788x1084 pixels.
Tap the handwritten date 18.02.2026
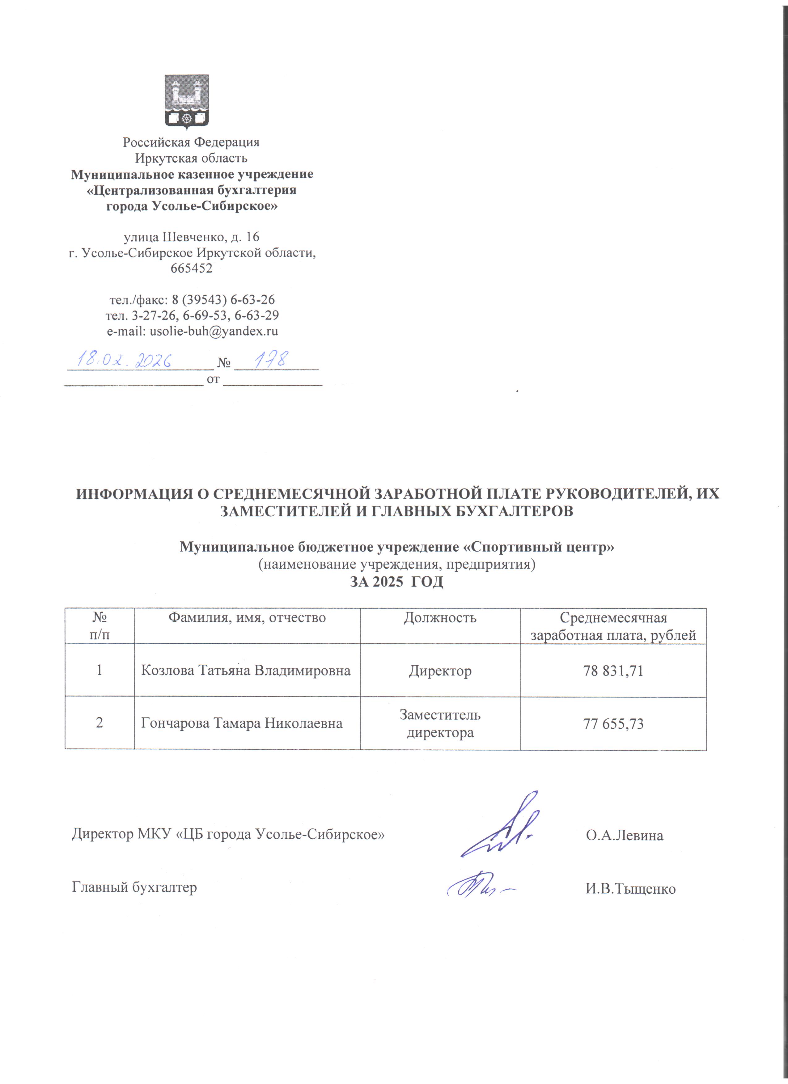pyautogui.click(x=125, y=359)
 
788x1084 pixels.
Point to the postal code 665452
pyautogui.click(x=192, y=268)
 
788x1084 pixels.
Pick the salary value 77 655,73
pyautogui.click(x=613, y=724)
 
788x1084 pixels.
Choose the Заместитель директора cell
pyautogui.click(x=440, y=724)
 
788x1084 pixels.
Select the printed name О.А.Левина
pyautogui.click(x=624, y=836)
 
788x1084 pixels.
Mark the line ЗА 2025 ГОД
pyautogui.click(x=397, y=582)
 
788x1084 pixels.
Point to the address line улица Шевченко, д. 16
pyautogui.click(x=192, y=237)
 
